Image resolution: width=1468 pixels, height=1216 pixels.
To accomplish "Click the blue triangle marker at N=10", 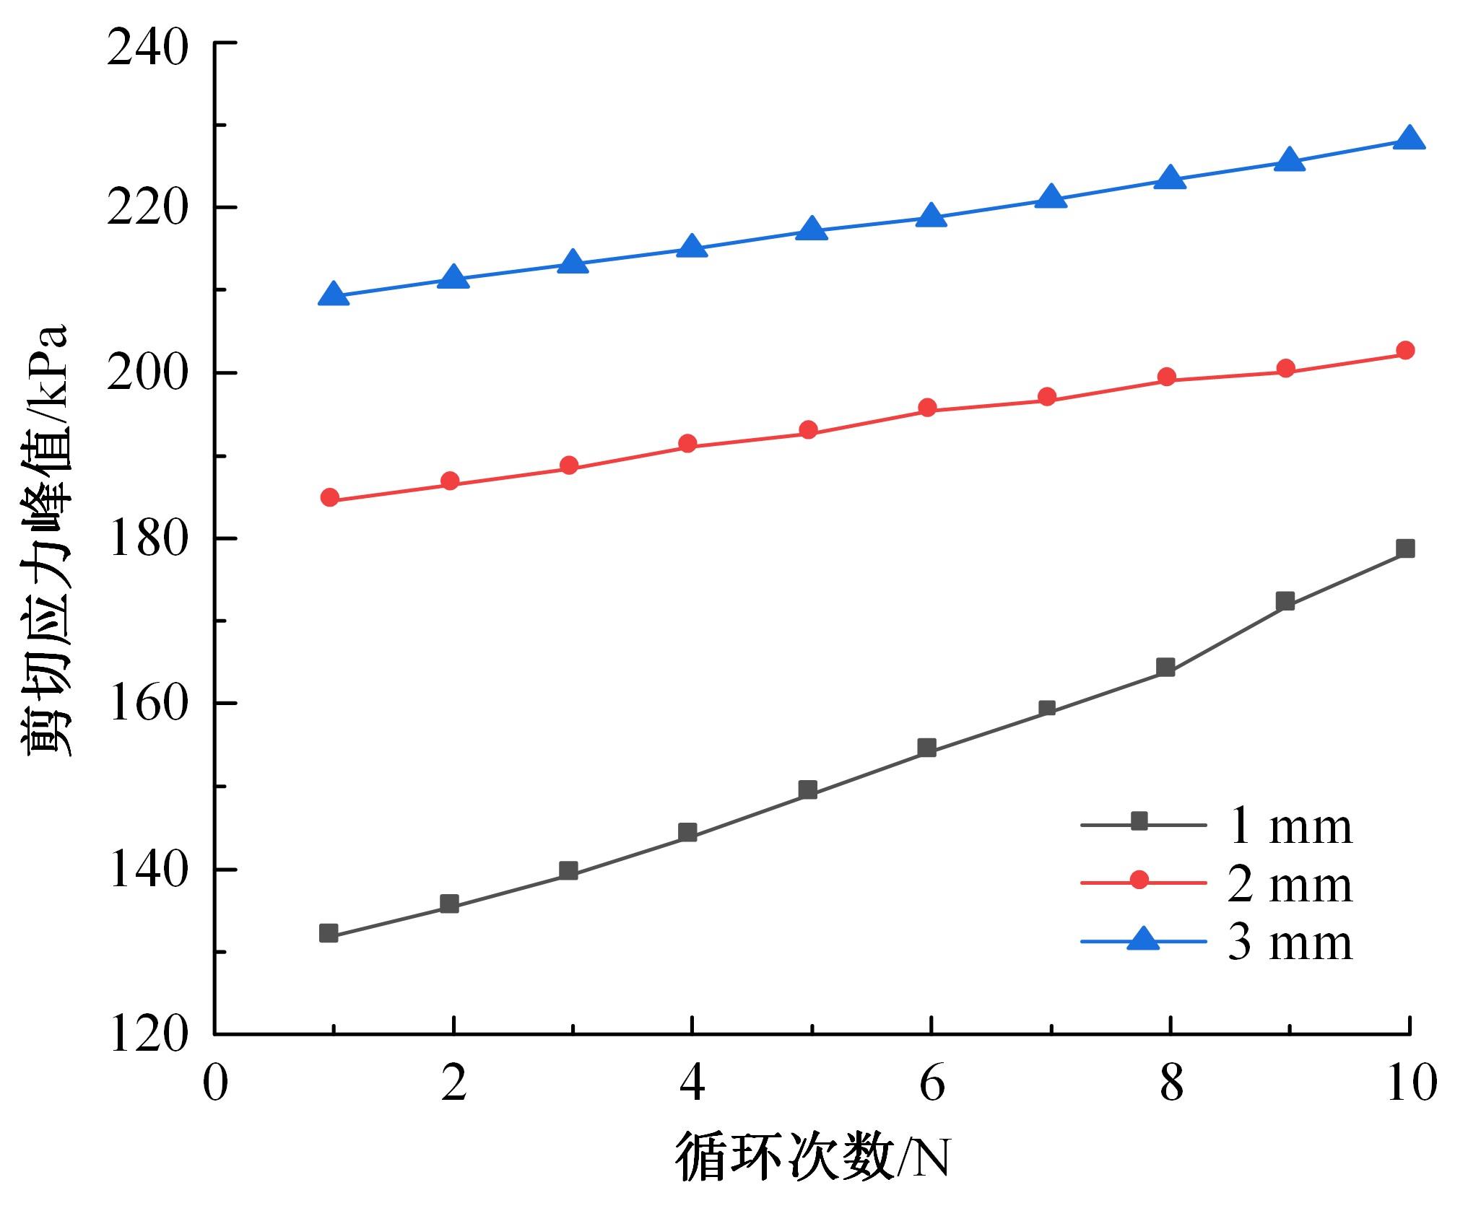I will point(1407,138).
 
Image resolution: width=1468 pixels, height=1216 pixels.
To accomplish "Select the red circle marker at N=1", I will point(330,497).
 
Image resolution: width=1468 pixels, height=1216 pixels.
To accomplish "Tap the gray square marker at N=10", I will point(1405,549).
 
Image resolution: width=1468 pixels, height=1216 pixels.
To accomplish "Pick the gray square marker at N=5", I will point(809,789).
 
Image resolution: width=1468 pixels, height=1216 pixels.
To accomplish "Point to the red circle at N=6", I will point(928,408).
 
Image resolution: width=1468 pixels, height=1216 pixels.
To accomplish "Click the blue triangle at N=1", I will point(333,294).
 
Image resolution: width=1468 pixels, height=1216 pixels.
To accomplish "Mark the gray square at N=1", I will point(329,933).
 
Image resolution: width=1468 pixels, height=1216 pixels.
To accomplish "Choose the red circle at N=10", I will point(1405,351).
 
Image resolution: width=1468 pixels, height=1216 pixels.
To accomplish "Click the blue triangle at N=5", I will point(811,229).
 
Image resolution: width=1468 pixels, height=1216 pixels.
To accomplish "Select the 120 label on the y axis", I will point(147,1035).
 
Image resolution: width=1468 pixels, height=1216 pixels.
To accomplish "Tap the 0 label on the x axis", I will point(214,1083).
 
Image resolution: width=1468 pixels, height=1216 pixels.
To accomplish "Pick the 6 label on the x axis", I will point(931,1083).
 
